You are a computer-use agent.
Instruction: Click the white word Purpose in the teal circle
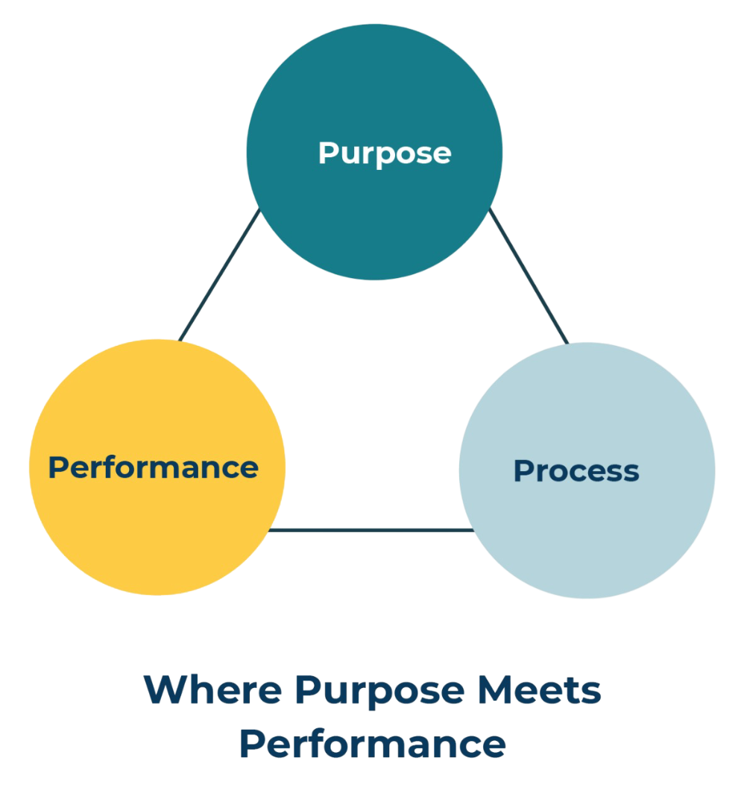click(384, 153)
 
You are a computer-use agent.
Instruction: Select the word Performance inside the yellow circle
click(153, 467)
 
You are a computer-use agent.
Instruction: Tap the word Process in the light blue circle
click(576, 471)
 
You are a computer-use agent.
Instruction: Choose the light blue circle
click(587, 544)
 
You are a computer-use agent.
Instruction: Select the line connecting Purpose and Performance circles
click(220, 275)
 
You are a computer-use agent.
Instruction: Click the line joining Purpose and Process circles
click(529, 276)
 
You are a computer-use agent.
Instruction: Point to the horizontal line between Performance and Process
click(371, 531)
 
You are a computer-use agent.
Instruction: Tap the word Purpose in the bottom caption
click(379, 692)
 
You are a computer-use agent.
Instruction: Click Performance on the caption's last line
click(372, 743)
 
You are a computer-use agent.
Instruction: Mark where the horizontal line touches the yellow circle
click(271, 531)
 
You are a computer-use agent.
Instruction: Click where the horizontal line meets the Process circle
click(473, 531)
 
